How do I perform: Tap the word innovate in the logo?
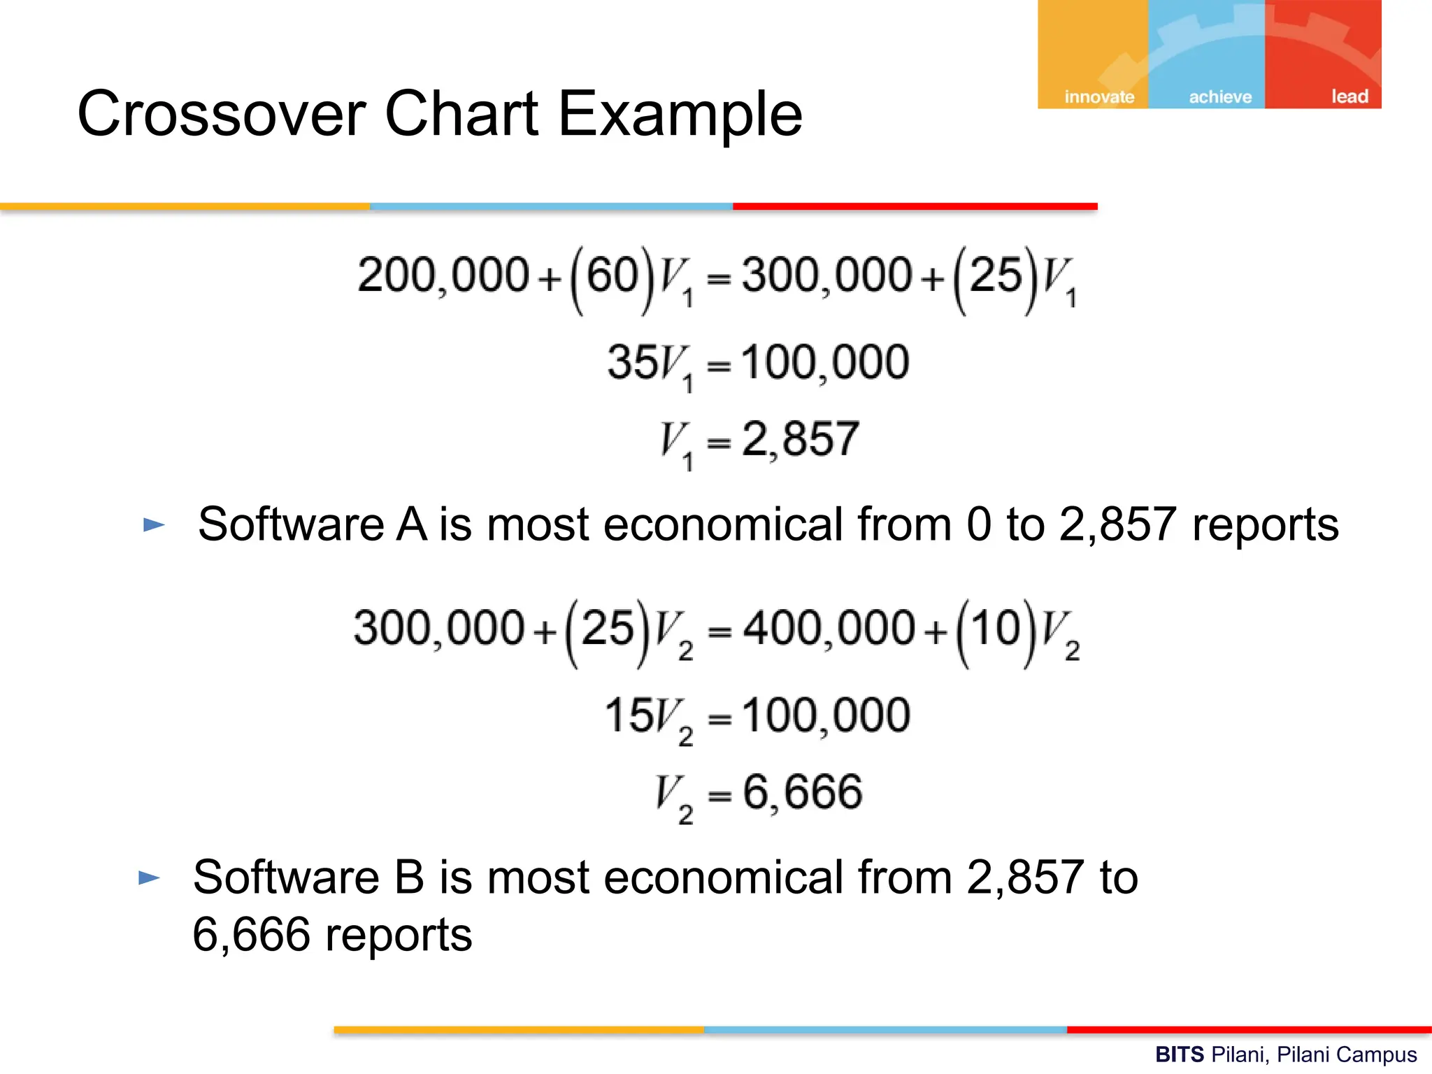tap(1098, 96)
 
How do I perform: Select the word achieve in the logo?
tap(1220, 96)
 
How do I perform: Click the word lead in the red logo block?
tap(1349, 96)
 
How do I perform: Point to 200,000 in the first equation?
tap(442, 275)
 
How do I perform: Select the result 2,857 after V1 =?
tap(800, 439)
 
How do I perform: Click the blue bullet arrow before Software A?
tap(154, 524)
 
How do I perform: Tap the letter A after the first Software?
tap(411, 524)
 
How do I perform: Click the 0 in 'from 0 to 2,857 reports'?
tap(979, 524)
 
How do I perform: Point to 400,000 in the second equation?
tap(829, 627)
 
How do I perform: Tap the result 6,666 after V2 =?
tap(802, 792)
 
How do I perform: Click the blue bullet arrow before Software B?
tap(149, 878)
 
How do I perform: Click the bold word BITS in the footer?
tap(1179, 1054)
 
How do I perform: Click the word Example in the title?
tap(680, 113)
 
